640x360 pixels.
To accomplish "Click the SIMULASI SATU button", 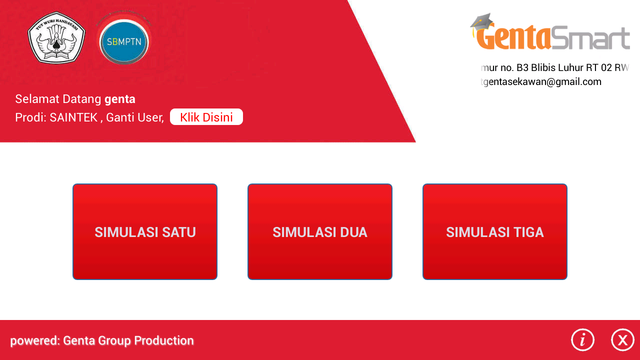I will (x=145, y=232).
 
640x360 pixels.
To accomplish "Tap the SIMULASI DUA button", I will (x=320, y=232).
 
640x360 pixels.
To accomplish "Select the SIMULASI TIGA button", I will (x=495, y=232).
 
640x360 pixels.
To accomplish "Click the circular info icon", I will (x=582, y=340).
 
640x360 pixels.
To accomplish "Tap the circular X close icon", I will (x=622, y=340).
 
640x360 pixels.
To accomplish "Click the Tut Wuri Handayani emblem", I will (x=56, y=38).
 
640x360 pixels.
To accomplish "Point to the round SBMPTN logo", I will (x=124, y=41).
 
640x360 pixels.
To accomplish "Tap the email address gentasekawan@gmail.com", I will (x=543, y=82).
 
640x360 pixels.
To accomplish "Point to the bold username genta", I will (x=120, y=99).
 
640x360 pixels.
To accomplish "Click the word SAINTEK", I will (x=73, y=118).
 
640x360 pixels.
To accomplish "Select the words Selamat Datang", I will (x=58, y=99).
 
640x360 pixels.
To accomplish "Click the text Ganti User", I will (x=134, y=118).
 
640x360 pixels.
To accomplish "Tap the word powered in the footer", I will (x=34, y=341).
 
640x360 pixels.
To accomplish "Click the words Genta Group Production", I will (x=128, y=341).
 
